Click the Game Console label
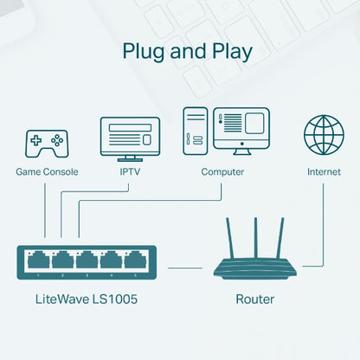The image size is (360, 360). point(47,171)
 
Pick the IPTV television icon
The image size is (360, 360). point(130,138)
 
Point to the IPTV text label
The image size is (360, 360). point(130,171)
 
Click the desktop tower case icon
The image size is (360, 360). point(194,132)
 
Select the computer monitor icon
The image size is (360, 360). point(241,130)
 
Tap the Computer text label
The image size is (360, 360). point(222,171)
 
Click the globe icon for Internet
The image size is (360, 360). point(324,135)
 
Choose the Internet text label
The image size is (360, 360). point(324,171)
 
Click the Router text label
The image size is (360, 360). point(254,299)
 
